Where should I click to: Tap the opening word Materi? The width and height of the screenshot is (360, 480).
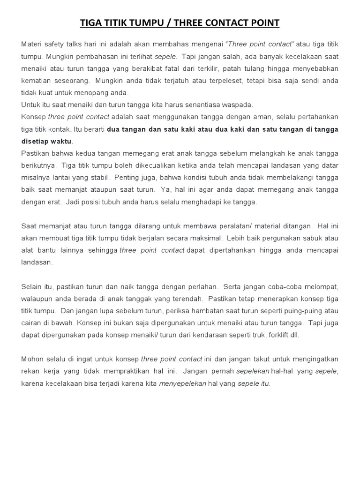tap(31, 44)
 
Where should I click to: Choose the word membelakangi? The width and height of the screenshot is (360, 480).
tap(292, 178)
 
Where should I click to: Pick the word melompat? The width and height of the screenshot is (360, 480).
tap(321, 287)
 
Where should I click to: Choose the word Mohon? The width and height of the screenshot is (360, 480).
tap(32, 360)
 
